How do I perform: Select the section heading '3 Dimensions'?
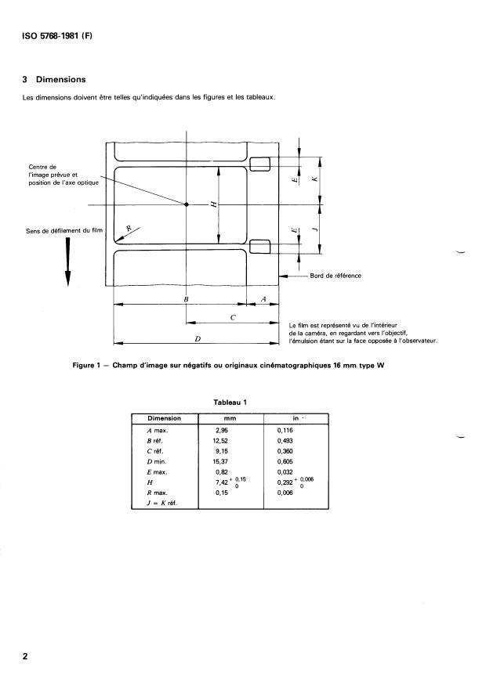click(x=56, y=80)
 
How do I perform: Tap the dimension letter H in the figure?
click(x=213, y=205)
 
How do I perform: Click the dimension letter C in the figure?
click(x=233, y=317)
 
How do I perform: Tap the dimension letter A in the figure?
click(x=263, y=299)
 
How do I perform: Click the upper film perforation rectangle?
click(x=259, y=164)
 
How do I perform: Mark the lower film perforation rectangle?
click(x=259, y=247)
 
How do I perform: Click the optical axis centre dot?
click(x=187, y=205)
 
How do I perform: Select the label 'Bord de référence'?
click(x=335, y=276)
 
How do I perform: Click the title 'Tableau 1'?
click(x=230, y=403)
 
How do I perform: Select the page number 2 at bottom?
click(x=26, y=656)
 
